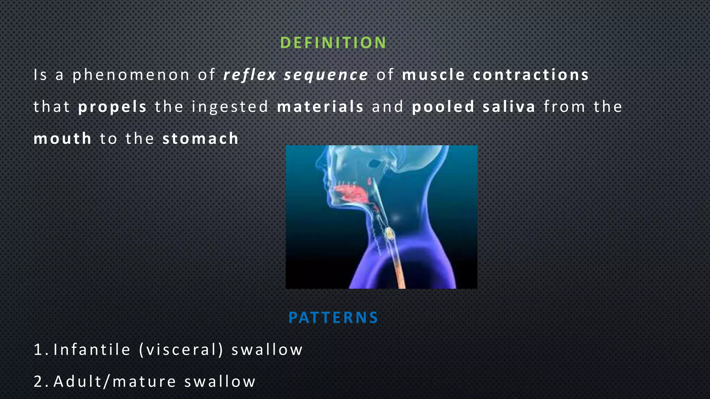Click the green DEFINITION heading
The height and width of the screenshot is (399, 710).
click(x=333, y=43)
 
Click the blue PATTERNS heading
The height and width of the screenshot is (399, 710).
click(x=333, y=318)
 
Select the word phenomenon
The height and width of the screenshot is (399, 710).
click(x=131, y=75)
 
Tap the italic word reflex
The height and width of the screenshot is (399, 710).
click(x=250, y=75)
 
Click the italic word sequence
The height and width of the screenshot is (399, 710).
click(x=326, y=75)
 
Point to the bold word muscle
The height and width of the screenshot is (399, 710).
click(x=433, y=75)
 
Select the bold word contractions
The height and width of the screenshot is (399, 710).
click(x=531, y=75)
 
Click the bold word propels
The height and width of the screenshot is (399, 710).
click(x=113, y=107)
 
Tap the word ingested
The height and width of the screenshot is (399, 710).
click(x=230, y=107)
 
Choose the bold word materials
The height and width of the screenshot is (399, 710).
click(x=320, y=107)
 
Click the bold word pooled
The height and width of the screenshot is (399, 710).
click(x=443, y=107)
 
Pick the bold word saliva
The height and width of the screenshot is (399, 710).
click(x=509, y=107)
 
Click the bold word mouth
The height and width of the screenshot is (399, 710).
click(x=62, y=139)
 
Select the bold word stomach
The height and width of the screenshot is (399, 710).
click(x=201, y=139)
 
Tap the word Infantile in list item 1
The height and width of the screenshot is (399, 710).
click(x=92, y=349)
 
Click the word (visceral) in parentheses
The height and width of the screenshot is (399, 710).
click(x=181, y=349)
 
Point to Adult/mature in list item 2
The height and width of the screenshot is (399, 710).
click(x=115, y=381)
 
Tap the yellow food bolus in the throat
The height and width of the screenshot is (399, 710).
click(x=390, y=234)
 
